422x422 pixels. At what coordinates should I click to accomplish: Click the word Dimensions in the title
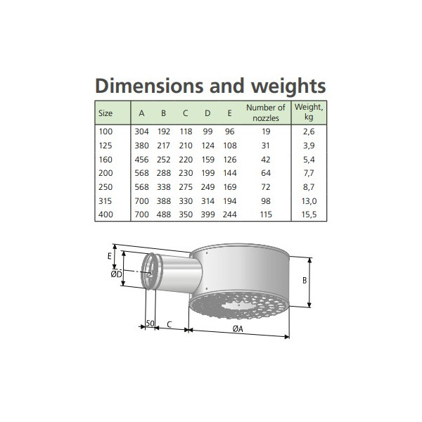pos(149,86)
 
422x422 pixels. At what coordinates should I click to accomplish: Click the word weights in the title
pos(288,87)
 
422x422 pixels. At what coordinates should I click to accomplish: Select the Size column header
pos(105,113)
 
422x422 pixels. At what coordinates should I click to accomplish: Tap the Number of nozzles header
pos(266,113)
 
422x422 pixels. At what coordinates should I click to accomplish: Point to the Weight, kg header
pos(309,111)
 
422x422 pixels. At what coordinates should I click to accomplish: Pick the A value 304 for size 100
pos(141,132)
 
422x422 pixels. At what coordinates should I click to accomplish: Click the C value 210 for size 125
pos(186,146)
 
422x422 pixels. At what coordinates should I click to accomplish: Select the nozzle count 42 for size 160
pos(266,160)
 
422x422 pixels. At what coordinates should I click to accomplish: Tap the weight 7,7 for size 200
pos(309,173)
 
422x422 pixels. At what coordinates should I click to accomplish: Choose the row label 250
pos(105,187)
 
